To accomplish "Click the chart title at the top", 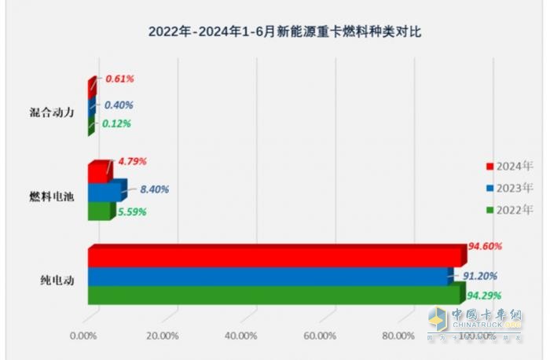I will pyautogui.click(x=275, y=32).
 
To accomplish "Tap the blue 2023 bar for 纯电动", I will pyautogui.click(x=267, y=277).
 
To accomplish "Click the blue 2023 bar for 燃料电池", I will pyautogui.click(x=104, y=192).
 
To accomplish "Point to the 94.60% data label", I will pyautogui.click(x=485, y=246).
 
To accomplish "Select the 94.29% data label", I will pyautogui.click(x=485, y=296).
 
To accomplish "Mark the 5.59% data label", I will pyautogui.click(x=131, y=211).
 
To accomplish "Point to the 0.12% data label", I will pyautogui.click(x=116, y=123).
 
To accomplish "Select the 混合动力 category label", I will pyautogui.click(x=51, y=112).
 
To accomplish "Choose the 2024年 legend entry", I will pyautogui.click(x=509, y=167).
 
